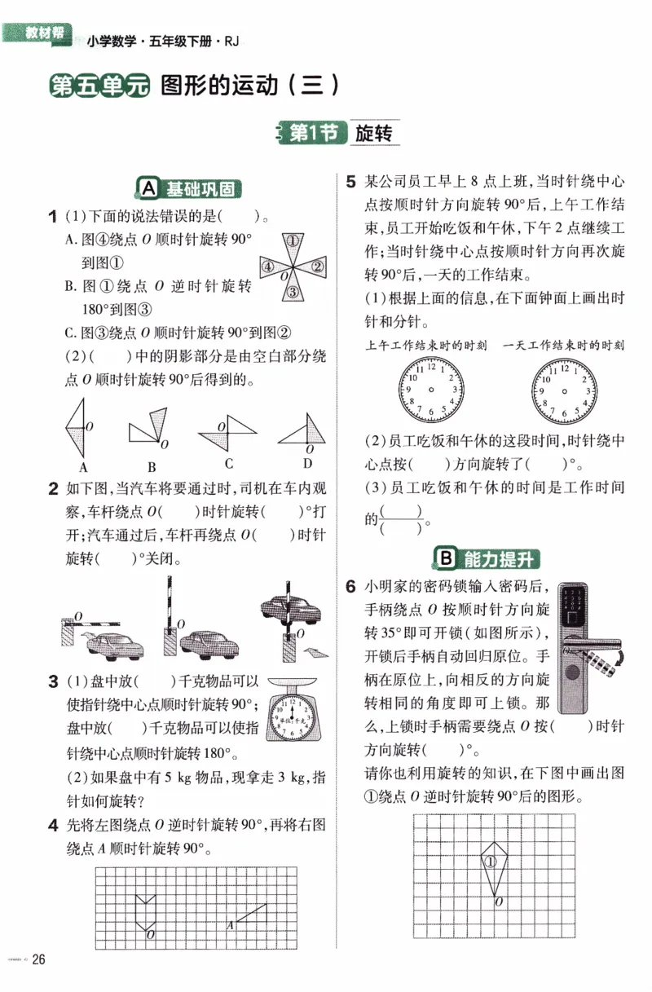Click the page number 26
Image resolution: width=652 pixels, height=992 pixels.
(x=37, y=959)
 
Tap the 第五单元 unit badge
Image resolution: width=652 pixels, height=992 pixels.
(x=99, y=86)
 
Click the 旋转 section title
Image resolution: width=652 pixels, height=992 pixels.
(x=374, y=134)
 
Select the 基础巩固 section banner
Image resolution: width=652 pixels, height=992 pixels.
(x=190, y=189)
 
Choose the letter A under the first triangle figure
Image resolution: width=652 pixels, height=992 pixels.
(x=82, y=467)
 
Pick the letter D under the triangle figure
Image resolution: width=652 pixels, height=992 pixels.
(x=307, y=464)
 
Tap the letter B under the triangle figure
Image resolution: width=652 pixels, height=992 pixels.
(x=152, y=467)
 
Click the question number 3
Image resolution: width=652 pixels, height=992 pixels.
(x=52, y=681)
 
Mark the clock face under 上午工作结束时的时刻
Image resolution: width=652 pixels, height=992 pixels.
(x=429, y=390)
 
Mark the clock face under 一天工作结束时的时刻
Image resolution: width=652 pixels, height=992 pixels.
(x=564, y=390)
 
